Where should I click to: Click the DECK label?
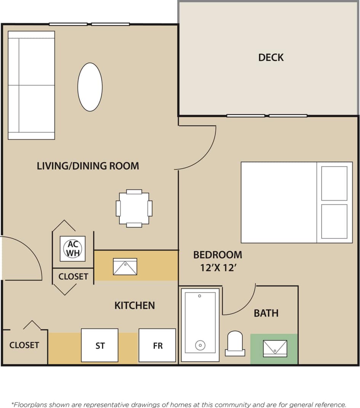[271, 58]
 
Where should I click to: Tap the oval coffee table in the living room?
[90, 87]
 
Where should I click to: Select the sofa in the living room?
[31, 85]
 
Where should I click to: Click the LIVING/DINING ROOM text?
[88, 166]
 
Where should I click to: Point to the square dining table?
[134, 208]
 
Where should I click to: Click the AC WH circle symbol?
[72, 249]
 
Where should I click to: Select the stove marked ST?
[100, 346]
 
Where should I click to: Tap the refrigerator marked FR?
[158, 346]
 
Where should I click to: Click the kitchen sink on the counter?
[125, 267]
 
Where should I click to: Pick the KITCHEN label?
[135, 306]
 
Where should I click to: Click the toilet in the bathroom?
[235, 343]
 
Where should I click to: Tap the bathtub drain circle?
[200, 345]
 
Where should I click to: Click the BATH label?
[266, 314]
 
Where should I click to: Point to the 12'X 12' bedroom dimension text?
[219, 268]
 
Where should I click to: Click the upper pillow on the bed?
[334, 183]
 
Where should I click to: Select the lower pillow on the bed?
[334, 221]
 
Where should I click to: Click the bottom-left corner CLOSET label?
[24, 345]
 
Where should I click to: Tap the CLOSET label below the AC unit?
[73, 277]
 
